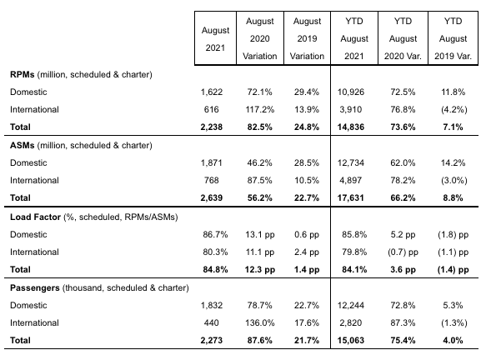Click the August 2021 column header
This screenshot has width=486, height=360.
pyautogui.click(x=215, y=39)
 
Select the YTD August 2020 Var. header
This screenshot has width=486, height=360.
pyautogui.click(x=403, y=38)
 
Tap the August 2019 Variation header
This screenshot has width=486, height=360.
pyautogui.click(x=307, y=38)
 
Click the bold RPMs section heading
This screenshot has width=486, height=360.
pyautogui.click(x=22, y=75)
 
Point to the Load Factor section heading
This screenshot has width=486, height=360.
pyautogui.click(x=35, y=217)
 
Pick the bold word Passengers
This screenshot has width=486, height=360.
pyautogui.click(x=35, y=288)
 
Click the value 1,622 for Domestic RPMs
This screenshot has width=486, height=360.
pyautogui.click(x=212, y=92)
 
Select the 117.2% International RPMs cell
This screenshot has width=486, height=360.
pyautogui.click(x=260, y=110)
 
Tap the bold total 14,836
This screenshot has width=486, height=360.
pyautogui.click(x=351, y=127)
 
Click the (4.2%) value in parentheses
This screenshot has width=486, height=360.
pyautogui.click(x=453, y=110)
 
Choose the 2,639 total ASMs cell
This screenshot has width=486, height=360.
pyautogui.click(x=212, y=198)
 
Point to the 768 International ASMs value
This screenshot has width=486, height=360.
pyautogui.click(x=212, y=181)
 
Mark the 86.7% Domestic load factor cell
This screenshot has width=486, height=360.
pyautogui.click(x=215, y=234)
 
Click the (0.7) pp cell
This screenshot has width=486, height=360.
pyautogui.click(x=403, y=252)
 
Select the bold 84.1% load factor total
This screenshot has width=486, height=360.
pyautogui.click(x=354, y=270)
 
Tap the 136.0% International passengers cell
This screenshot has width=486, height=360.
pyautogui.click(x=260, y=323)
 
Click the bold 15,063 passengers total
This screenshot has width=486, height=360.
pyautogui.click(x=351, y=341)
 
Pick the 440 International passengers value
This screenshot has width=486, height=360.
pyautogui.click(x=212, y=323)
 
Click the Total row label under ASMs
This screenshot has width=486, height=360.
pyautogui.click(x=20, y=198)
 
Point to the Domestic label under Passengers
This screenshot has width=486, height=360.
pyautogui.click(x=28, y=306)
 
